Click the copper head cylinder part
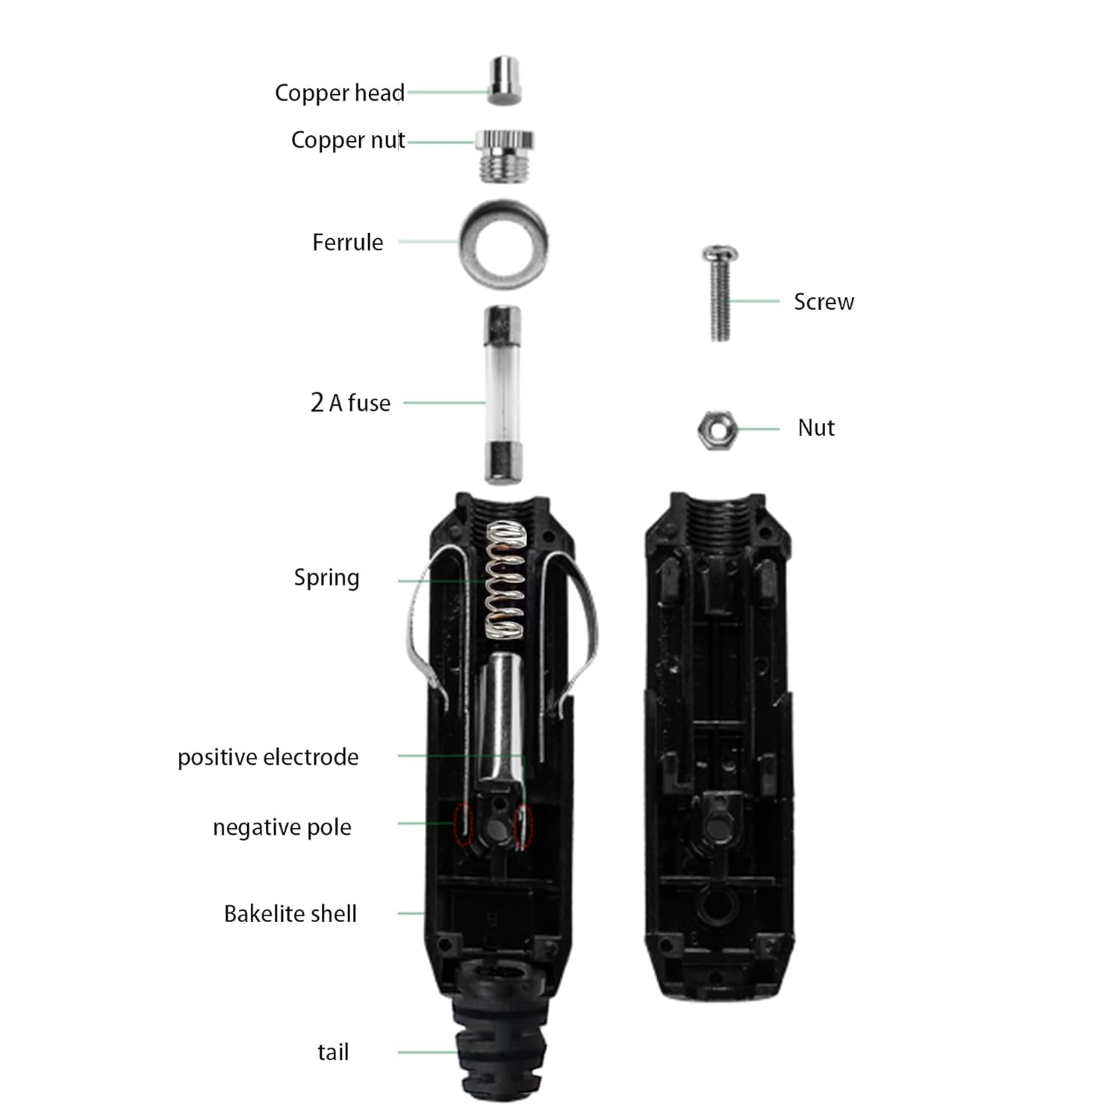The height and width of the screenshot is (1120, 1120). (505, 79)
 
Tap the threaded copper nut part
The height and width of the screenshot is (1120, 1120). (505, 155)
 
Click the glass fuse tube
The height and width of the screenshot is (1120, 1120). (503, 393)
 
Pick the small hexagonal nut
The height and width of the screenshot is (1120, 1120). (717, 429)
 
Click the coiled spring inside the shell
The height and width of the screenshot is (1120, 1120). (505, 580)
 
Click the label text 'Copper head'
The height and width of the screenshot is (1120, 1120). (340, 93)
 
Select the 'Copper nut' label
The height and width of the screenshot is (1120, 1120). (348, 140)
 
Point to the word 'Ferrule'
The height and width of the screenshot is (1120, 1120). (348, 243)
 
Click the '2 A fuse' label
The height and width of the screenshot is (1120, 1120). (350, 403)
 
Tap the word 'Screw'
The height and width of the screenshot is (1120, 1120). (824, 302)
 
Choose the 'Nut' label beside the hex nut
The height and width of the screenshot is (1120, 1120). (816, 428)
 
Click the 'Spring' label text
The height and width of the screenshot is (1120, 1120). (326, 578)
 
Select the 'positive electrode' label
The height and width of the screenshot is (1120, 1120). (268, 757)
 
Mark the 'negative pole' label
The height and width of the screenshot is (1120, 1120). (282, 827)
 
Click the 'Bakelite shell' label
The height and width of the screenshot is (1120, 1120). (290, 914)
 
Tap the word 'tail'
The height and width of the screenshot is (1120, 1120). (333, 1052)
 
